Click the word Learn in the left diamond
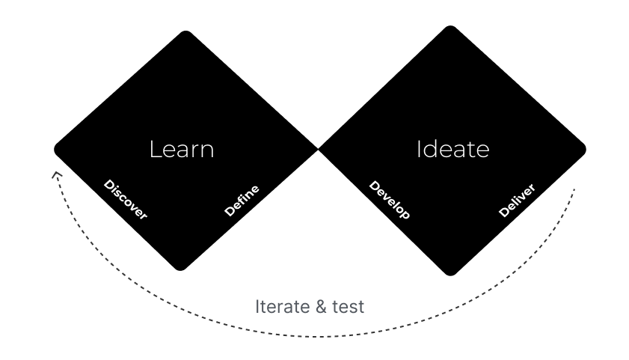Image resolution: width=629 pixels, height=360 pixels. point(182,149)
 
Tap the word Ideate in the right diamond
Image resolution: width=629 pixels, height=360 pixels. point(452,149)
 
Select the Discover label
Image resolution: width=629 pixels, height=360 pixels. point(126,200)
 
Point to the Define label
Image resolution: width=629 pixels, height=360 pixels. point(242,201)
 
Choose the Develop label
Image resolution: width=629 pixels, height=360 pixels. point(390,200)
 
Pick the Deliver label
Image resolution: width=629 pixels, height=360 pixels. point(517,201)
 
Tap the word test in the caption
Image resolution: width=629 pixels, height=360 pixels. point(347,307)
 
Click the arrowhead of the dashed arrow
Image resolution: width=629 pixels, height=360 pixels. point(54,174)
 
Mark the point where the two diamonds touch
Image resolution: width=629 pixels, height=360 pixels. point(319,148)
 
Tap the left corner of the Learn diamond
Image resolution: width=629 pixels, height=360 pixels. point(55,149)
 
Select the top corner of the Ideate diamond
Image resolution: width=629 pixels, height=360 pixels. point(449,27)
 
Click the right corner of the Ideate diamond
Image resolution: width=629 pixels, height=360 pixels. point(586,149)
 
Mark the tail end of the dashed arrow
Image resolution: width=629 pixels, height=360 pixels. point(574,189)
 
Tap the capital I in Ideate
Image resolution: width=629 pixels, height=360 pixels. point(419,149)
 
